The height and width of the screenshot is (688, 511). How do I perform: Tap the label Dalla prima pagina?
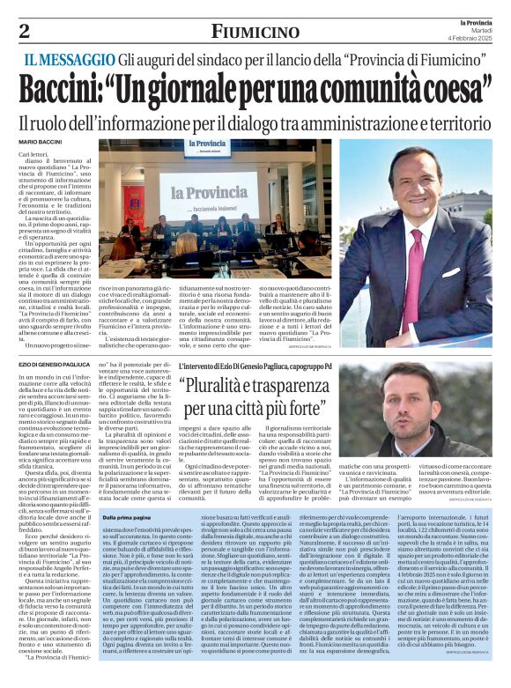click(x=125, y=517)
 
